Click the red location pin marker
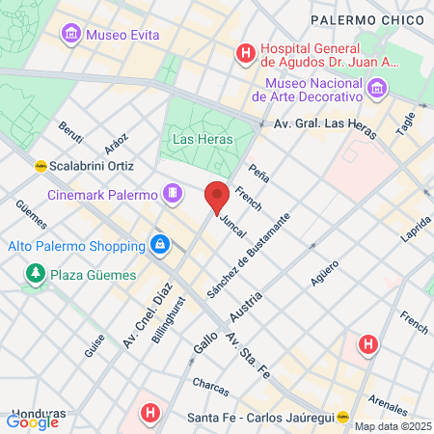tap(217, 196)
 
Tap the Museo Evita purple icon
tap(70, 36)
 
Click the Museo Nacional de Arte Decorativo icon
tap(376, 89)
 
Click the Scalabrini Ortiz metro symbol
tap(41, 165)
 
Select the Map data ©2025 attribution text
tap(393, 426)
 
